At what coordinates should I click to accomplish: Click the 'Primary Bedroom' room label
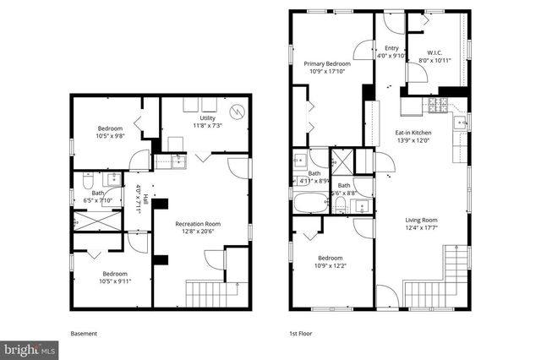point(327,63)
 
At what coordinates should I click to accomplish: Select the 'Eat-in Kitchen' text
point(413,133)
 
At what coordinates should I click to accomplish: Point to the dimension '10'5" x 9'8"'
point(110,135)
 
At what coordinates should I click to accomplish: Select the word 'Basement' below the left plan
point(84,334)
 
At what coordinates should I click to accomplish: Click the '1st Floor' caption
point(301,334)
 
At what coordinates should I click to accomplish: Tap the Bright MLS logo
point(30,348)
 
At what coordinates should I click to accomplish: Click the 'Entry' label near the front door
point(391,48)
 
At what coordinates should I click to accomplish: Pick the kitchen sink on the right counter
point(461,123)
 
